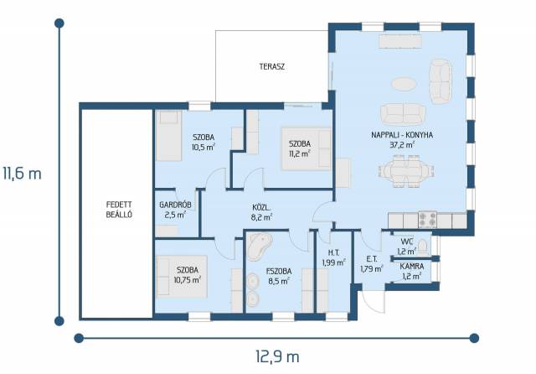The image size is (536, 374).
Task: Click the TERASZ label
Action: (271, 67)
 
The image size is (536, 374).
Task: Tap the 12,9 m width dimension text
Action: (277, 356)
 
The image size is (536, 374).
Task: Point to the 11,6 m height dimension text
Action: (22, 174)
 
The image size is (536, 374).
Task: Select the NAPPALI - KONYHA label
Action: (402, 135)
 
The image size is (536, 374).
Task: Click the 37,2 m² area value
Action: (402, 145)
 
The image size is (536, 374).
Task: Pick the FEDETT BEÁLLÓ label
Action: (119, 210)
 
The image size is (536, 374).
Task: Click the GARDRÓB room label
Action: (175, 205)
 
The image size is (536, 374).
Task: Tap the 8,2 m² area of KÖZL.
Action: (262, 216)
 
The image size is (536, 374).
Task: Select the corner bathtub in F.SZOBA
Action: (259, 247)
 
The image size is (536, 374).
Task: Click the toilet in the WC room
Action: (423, 246)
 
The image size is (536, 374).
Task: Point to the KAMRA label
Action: (412, 266)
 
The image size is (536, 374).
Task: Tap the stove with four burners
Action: (428, 220)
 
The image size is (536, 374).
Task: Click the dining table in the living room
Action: (406, 171)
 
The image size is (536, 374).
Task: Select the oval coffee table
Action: (404, 84)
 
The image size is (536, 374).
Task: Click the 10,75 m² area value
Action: (187, 280)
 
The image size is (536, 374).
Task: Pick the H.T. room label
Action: (333, 253)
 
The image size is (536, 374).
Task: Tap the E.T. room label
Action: (371, 259)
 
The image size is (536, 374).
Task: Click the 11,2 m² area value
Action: (300, 153)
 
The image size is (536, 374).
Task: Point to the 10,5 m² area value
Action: (204, 147)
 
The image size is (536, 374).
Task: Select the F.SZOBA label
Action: (279, 272)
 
